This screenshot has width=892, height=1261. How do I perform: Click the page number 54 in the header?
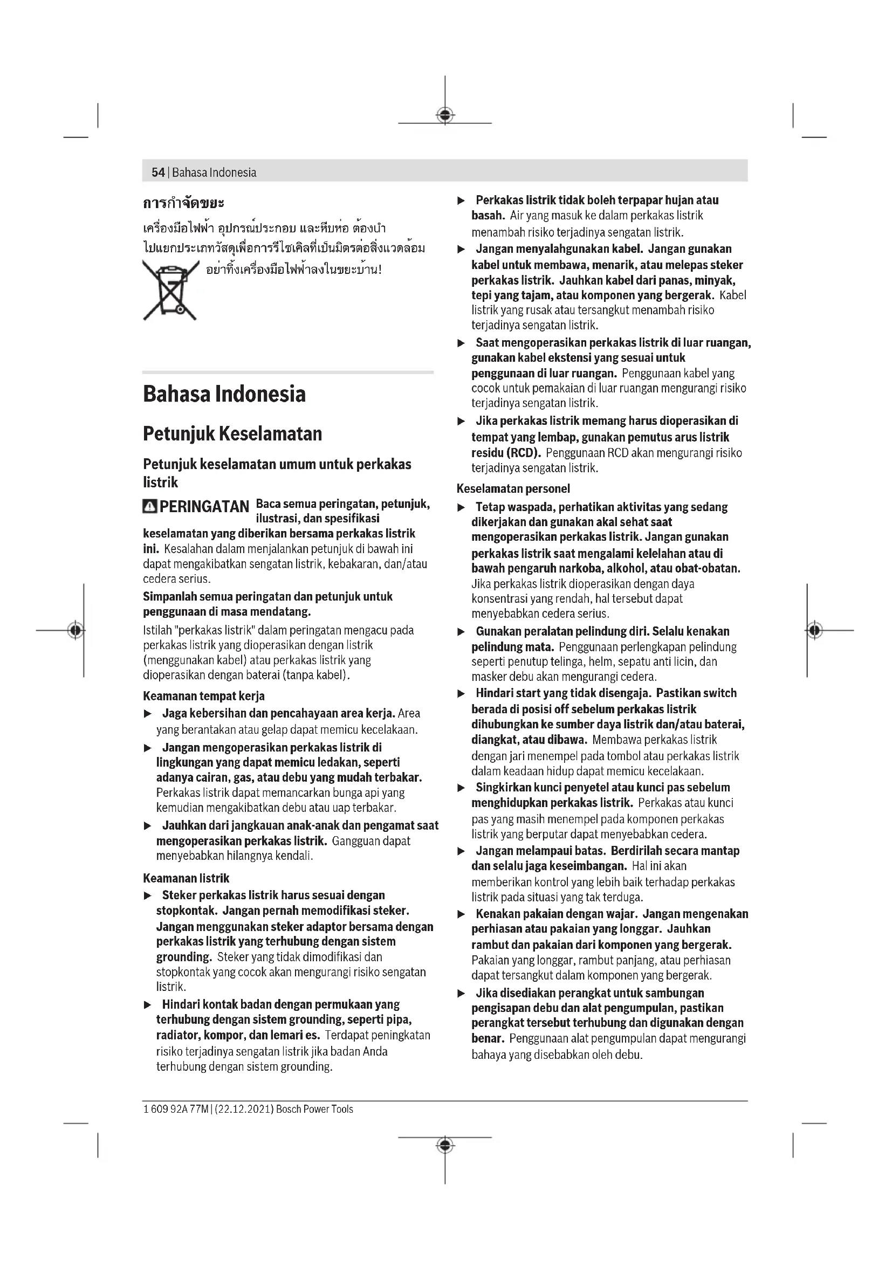pyautogui.click(x=158, y=173)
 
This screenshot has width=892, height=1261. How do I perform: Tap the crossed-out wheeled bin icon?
pyautogui.click(x=170, y=290)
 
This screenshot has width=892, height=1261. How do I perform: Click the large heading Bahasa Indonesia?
pyautogui.click(x=224, y=394)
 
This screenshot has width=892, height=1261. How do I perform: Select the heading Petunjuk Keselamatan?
pyautogui.click(x=232, y=434)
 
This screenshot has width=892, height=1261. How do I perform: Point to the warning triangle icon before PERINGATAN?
pyautogui.click(x=149, y=506)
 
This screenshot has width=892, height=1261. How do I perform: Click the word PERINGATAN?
pyautogui.click(x=204, y=506)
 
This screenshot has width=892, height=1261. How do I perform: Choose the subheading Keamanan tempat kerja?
pyautogui.click(x=204, y=697)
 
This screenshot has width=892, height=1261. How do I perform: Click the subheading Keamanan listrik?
pyautogui.click(x=186, y=878)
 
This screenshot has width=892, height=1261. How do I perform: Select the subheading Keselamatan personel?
pyautogui.click(x=513, y=489)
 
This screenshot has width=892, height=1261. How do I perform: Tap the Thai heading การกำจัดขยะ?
pyautogui.click(x=183, y=203)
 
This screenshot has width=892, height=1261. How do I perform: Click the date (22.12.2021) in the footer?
pyautogui.click(x=243, y=1110)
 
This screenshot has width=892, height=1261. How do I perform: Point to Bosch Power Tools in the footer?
pyautogui.click(x=315, y=1110)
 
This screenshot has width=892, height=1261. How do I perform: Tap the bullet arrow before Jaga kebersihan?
pyautogui.click(x=147, y=714)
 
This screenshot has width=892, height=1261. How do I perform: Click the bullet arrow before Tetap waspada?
pyautogui.click(x=462, y=507)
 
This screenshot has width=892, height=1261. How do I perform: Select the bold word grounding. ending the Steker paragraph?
pyautogui.click(x=184, y=957)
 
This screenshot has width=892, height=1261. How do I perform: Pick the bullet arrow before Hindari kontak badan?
pyautogui.click(x=147, y=1005)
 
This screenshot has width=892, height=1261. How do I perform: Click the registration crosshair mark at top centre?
pyautogui.click(x=445, y=115)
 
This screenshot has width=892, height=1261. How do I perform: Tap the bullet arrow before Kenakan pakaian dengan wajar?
pyautogui.click(x=462, y=914)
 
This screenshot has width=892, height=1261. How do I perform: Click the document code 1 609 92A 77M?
pyautogui.click(x=176, y=1110)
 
